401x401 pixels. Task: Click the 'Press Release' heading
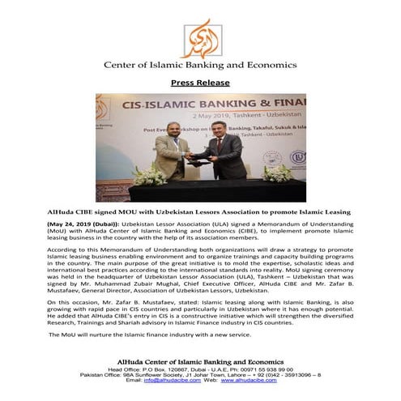(x=200, y=83)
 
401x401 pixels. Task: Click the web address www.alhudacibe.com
(x=260, y=379)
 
